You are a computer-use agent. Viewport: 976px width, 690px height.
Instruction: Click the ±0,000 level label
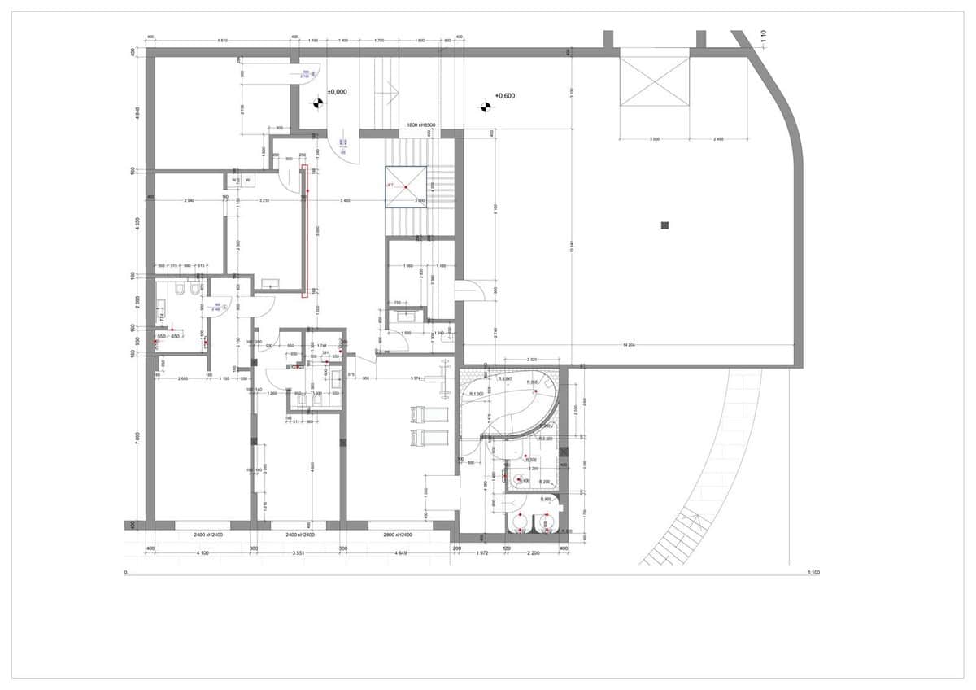pos(337,92)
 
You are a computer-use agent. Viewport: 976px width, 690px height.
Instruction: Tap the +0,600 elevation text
pos(503,96)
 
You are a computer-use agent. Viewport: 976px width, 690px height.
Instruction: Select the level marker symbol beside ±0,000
pos(317,103)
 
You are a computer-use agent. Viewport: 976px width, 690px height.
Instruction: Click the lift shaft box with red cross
pos(405,187)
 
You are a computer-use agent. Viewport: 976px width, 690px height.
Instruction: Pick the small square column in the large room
pos(664,225)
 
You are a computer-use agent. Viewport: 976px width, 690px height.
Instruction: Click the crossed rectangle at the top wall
pos(655,76)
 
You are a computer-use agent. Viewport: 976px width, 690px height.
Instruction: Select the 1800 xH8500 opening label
pos(423,125)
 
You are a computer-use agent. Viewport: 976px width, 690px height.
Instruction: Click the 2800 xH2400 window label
pos(396,535)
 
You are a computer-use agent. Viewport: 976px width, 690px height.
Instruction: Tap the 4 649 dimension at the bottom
pos(398,553)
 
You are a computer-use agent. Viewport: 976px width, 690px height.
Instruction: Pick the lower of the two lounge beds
pos(429,439)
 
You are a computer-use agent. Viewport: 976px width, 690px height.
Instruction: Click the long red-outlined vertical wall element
pos(305,231)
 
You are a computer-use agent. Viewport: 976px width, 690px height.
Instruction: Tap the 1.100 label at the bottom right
pos(813,573)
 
